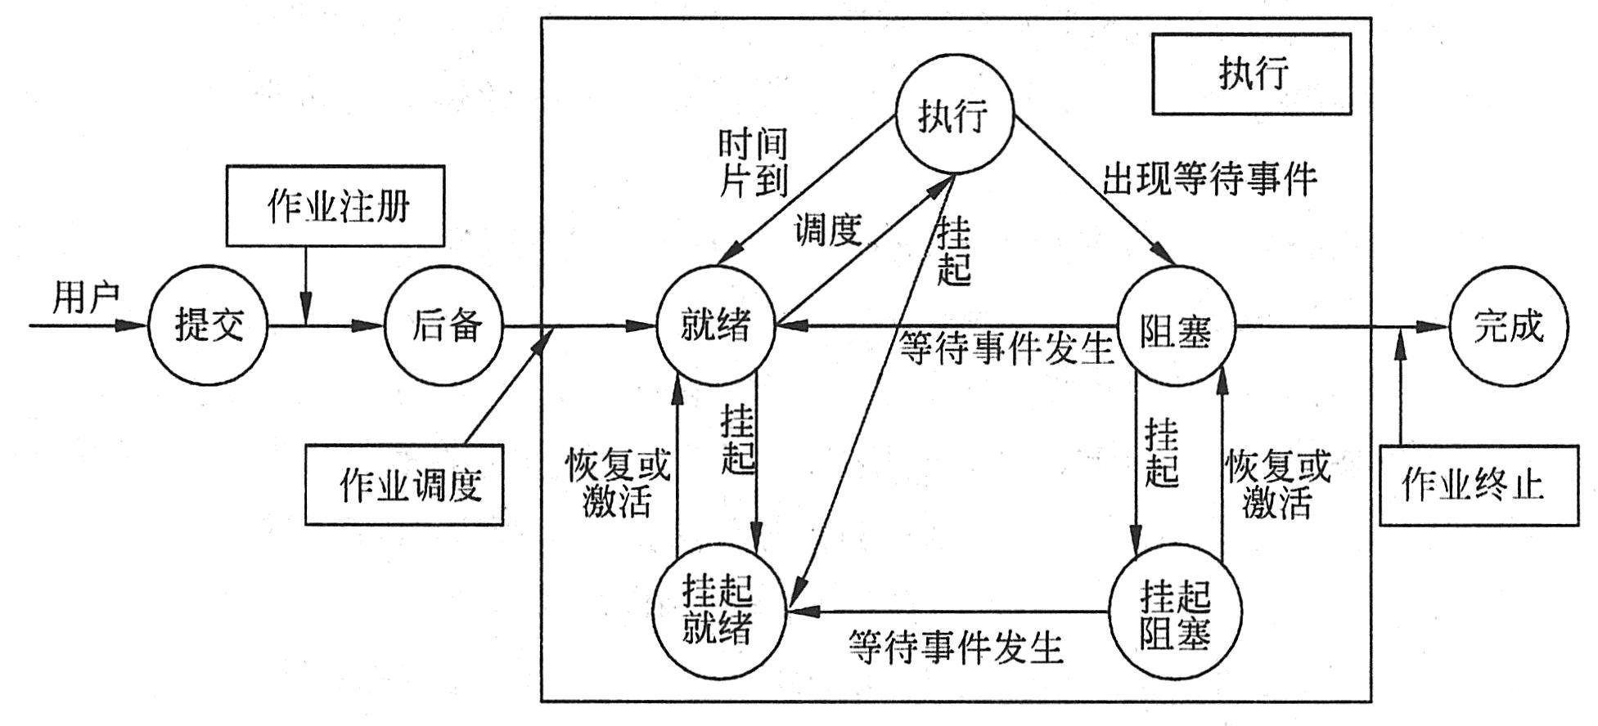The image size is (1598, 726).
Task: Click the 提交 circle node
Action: pos(209,326)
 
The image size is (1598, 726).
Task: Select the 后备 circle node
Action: pos(444,326)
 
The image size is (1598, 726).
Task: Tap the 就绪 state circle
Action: pos(716,326)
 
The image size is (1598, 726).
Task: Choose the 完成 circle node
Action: pos(1509,326)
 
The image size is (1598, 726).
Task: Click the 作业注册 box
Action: pos(335,206)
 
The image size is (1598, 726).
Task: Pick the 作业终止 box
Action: pos(1479,485)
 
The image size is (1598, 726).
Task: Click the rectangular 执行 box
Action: pos(1251,73)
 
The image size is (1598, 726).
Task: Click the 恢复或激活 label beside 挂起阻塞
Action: pos(1277,484)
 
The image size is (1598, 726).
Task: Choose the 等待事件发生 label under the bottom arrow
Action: pos(956,646)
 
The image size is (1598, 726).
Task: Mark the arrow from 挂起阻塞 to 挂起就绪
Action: pos(949,610)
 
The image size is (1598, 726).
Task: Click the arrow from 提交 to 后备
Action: pos(327,326)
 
